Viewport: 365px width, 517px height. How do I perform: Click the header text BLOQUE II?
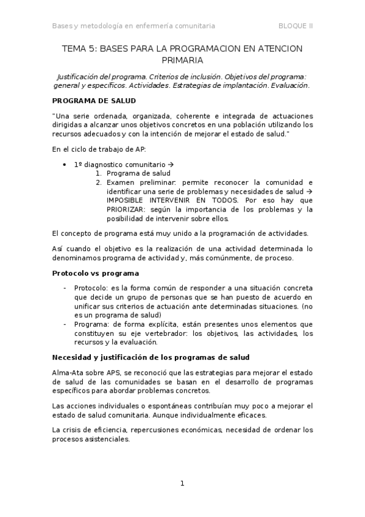[296, 26]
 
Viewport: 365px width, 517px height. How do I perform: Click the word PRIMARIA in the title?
[182, 60]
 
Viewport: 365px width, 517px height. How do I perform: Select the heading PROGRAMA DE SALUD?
[94, 101]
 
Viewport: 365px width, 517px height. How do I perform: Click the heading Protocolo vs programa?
[95, 273]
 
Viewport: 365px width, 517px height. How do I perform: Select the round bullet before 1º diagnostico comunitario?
[65, 165]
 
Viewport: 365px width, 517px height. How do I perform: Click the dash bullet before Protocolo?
[65, 287]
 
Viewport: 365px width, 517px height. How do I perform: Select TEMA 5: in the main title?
[79, 48]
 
